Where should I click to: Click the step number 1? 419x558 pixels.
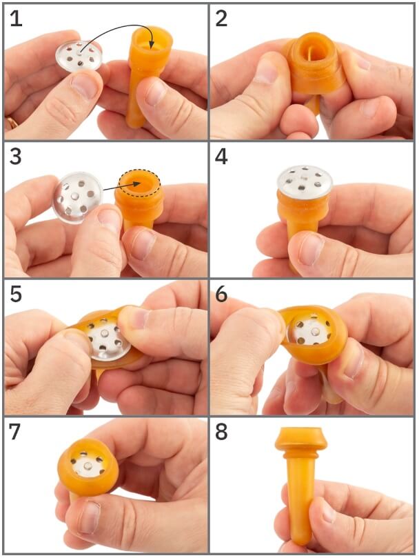(x=16, y=19)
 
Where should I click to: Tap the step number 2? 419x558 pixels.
(x=221, y=19)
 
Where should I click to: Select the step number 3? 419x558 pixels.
(x=16, y=157)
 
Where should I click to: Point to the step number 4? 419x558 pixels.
(x=221, y=157)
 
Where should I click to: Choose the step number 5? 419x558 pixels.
(x=16, y=295)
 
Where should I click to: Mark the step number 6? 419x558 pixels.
(x=221, y=295)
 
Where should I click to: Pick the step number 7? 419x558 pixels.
(x=16, y=432)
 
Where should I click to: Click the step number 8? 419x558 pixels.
(x=221, y=432)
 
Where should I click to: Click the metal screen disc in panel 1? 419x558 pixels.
(x=79, y=57)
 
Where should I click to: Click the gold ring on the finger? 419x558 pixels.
(x=12, y=123)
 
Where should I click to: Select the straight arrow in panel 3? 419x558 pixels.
(x=121, y=187)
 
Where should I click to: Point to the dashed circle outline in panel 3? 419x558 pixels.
(x=140, y=172)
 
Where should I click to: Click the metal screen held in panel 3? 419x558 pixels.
(x=78, y=195)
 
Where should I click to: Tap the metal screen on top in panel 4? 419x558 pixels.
(x=305, y=181)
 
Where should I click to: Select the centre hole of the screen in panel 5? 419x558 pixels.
(x=105, y=333)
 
